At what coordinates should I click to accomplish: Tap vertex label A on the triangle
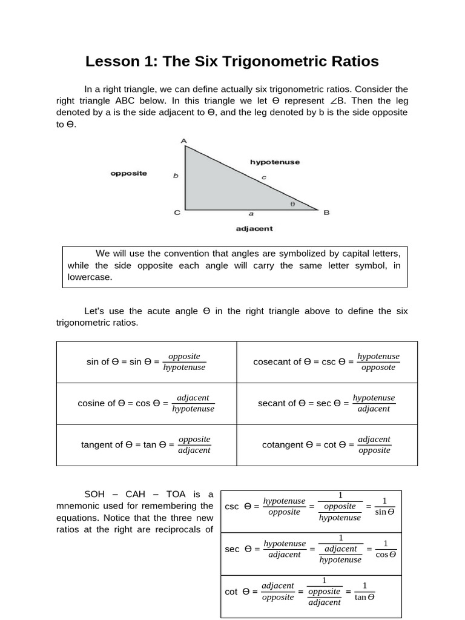[x=184, y=141]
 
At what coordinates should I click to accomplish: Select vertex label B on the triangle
[x=326, y=213]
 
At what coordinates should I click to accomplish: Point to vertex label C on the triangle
[x=177, y=213]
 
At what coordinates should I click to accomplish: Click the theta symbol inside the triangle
[x=293, y=205]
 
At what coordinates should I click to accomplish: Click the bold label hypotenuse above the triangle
[x=275, y=162]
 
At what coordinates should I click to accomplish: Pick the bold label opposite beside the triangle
[x=128, y=173]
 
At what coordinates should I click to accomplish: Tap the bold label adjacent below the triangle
[x=254, y=229]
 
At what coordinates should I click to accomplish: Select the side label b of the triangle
[x=176, y=176]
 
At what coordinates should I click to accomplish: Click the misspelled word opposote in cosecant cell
[x=378, y=368]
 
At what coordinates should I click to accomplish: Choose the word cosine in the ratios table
[x=92, y=403]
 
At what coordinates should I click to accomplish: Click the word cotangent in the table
[x=282, y=445]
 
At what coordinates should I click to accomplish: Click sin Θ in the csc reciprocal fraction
[x=384, y=512]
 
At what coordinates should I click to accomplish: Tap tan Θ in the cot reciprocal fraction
[x=364, y=597]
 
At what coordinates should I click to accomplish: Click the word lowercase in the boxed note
[x=90, y=277]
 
